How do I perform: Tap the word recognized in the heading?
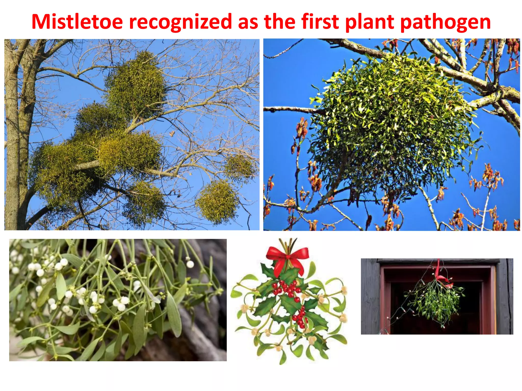180,22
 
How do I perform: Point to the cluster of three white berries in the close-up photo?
121,303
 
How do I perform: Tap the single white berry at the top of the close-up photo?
190,264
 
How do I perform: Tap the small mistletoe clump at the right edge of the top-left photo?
240,167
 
